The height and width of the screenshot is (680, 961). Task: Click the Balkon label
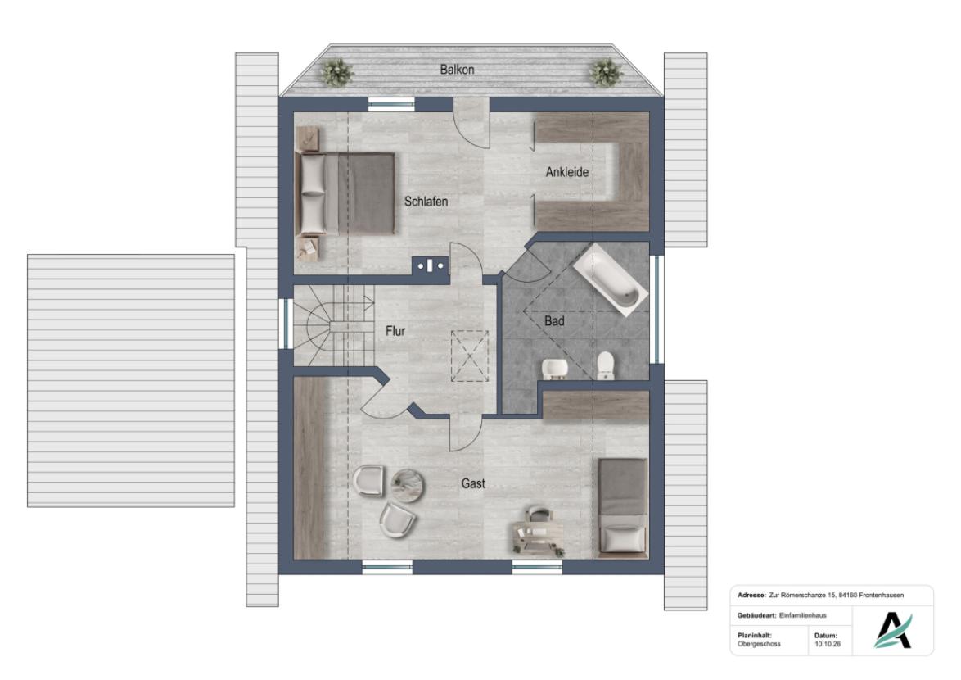(x=457, y=70)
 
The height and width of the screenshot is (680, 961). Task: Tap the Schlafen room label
(x=426, y=201)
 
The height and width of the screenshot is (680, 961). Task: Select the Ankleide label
(x=567, y=172)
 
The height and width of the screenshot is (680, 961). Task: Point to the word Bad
(x=554, y=320)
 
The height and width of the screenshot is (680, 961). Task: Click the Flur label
(x=395, y=331)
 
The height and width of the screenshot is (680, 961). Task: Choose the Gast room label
(x=473, y=484)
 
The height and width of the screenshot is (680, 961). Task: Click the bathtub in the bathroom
(x=611, y=280)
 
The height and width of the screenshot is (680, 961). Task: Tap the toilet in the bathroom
(x=605, y=365)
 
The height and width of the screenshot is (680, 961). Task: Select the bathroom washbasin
(x=555, y=368)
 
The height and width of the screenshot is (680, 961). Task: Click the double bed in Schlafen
(x=345, y=193)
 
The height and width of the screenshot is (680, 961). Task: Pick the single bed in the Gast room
(x=623, y=508)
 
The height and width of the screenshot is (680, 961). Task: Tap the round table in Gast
(x=408, y=484)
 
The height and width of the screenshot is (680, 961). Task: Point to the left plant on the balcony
(x=337, y=72)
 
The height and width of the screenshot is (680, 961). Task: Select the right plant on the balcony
(x=606, y=72)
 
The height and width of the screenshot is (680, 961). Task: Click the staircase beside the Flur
(x=333, y=325)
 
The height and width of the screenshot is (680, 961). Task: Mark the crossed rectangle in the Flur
(x=470, y=356)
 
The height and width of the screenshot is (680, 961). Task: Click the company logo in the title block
(x=893, y=630)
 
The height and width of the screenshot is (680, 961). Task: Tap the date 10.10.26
(x=828, y=645)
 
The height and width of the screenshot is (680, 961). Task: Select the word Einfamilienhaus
(x=803, y=615)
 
